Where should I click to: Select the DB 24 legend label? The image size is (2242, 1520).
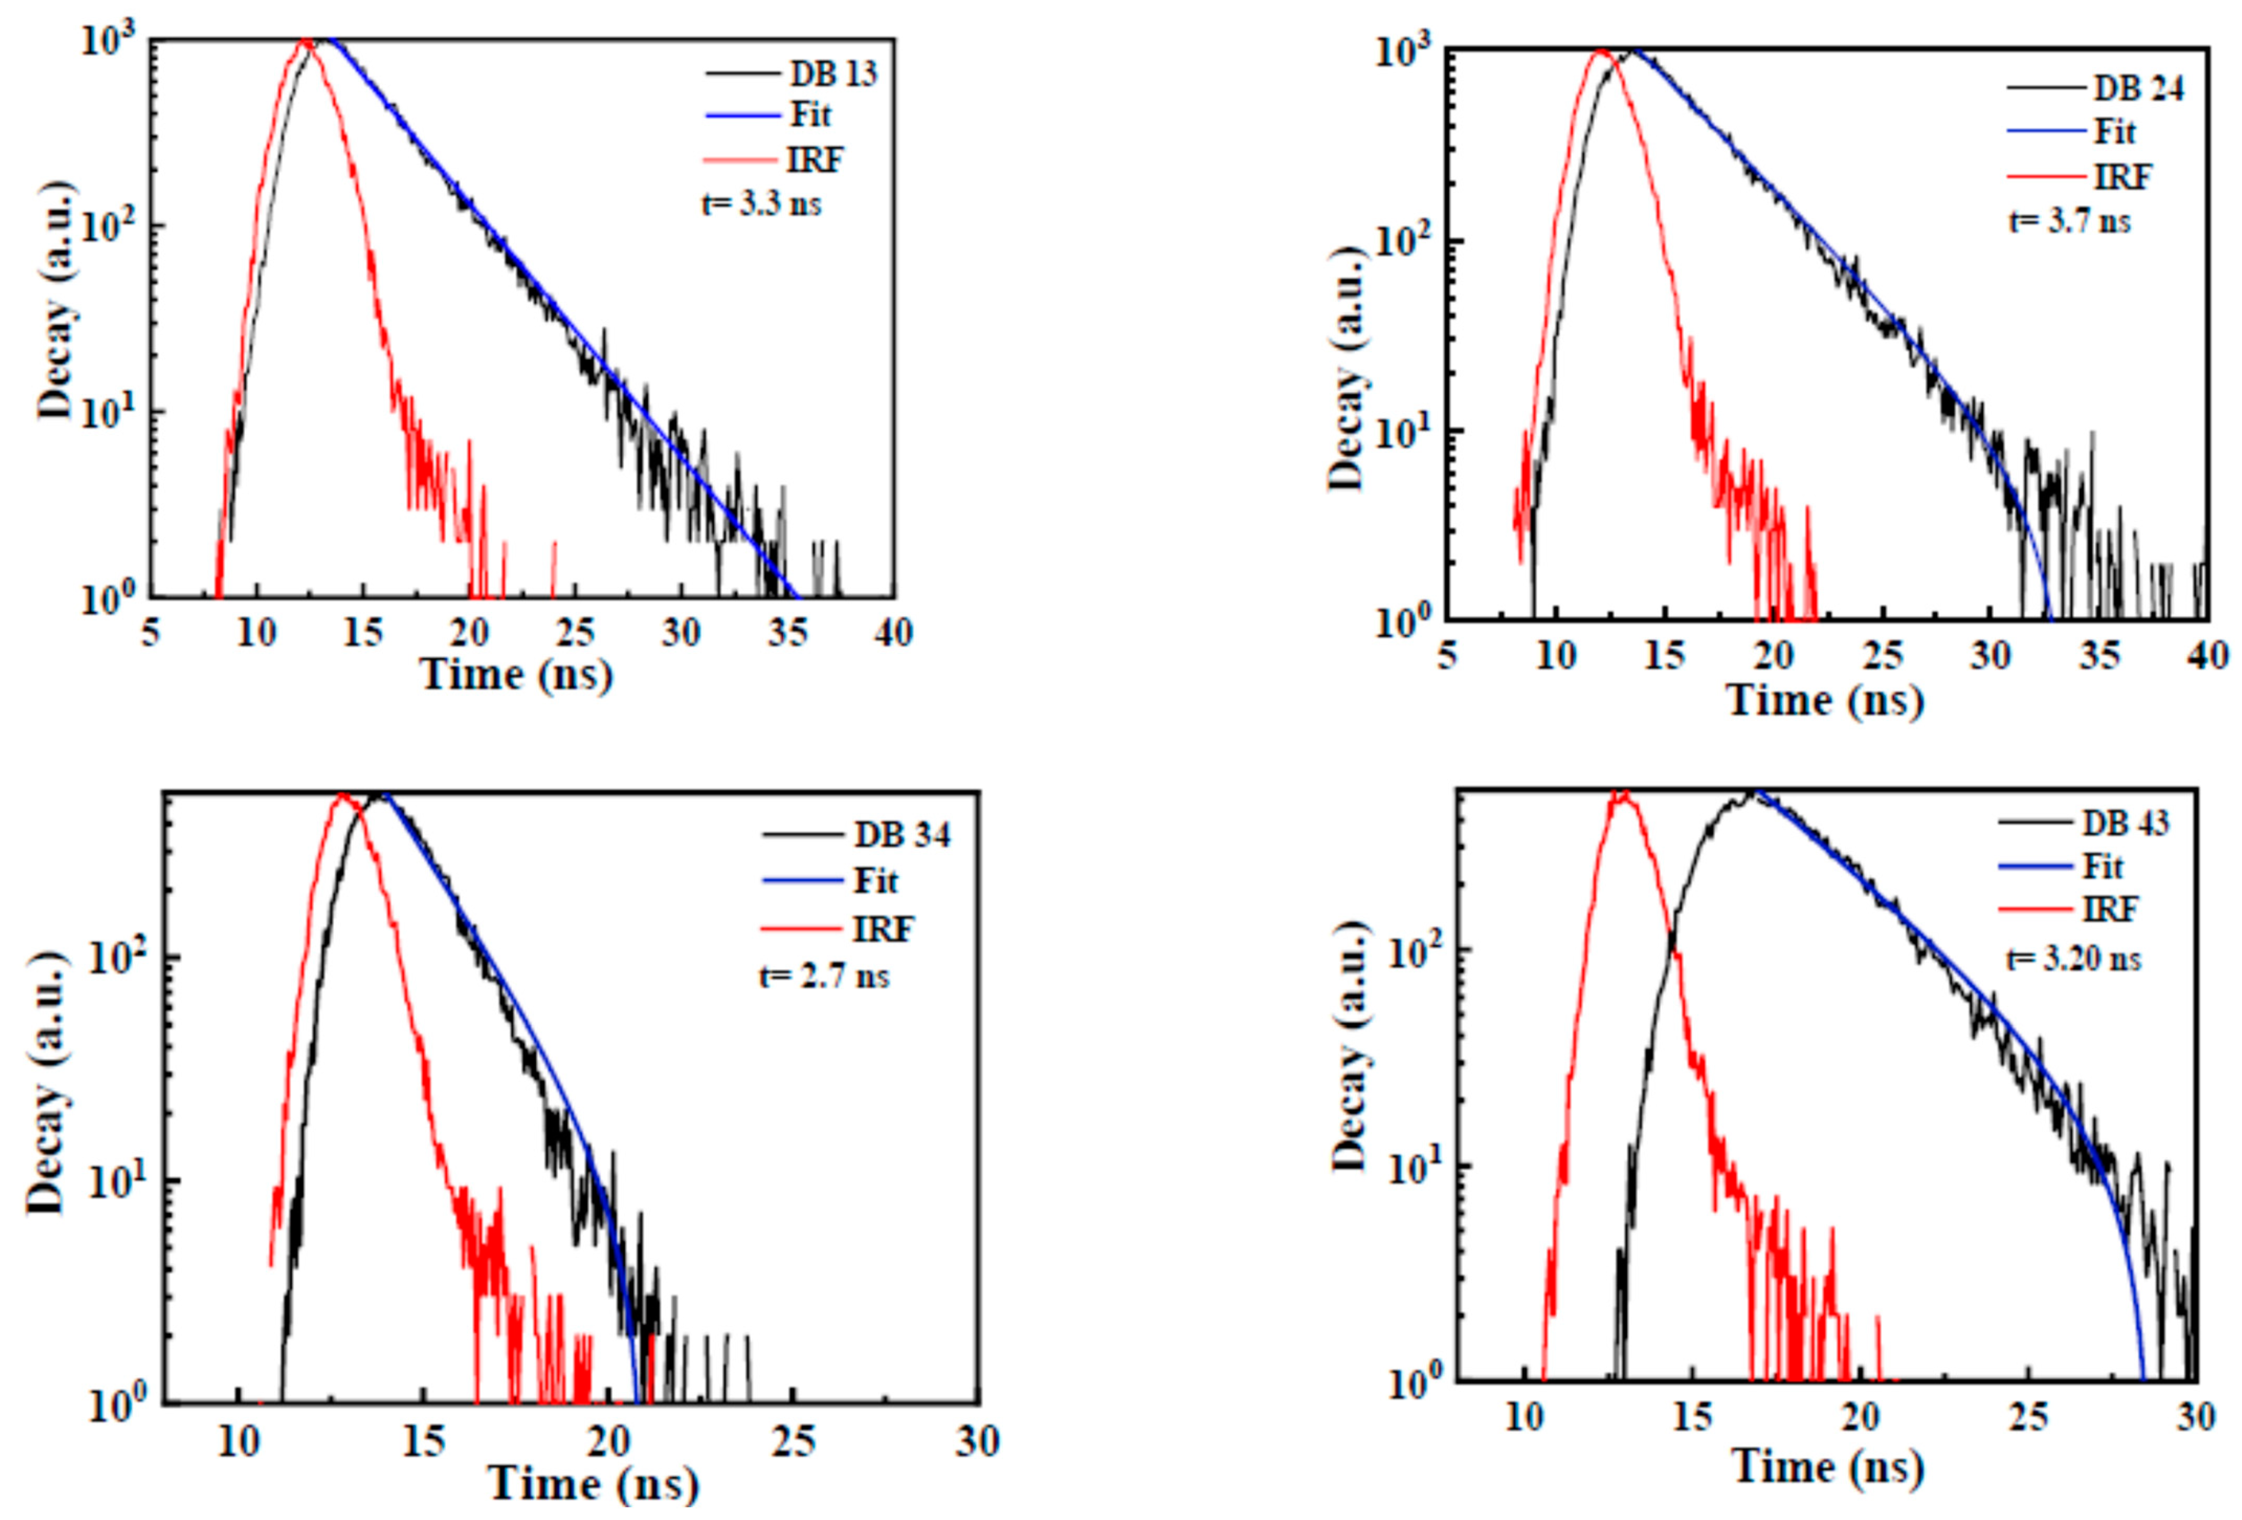tap(2138, 89)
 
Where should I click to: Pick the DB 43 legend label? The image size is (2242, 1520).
tap(2125, 823)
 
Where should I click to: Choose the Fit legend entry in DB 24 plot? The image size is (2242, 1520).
tap(2115, 132)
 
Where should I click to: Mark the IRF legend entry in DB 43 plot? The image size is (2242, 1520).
tap(2110, 909)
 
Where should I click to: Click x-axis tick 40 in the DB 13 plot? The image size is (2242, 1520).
tap(893, 633)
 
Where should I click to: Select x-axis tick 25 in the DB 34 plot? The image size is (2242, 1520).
tap(793, 1442)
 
